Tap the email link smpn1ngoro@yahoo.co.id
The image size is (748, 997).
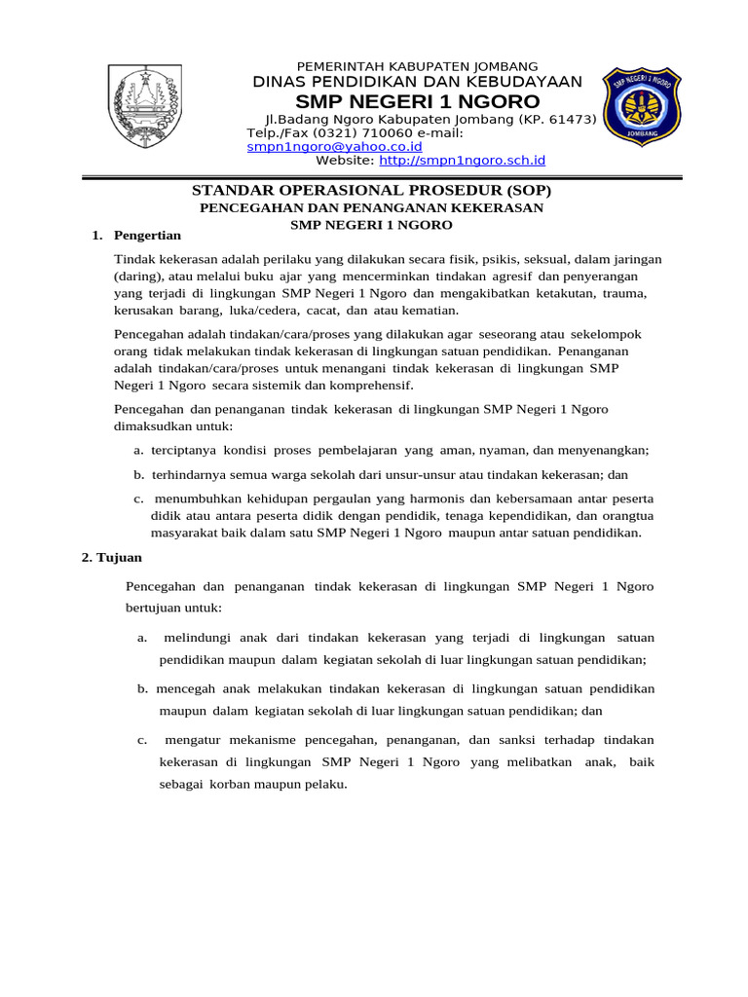[x=334, y=146]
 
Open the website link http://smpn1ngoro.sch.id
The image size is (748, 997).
[x=462, y=160]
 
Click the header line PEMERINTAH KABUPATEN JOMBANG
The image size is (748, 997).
[x=416, y=65]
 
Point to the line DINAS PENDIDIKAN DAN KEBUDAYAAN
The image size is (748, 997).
[x=417, y=82]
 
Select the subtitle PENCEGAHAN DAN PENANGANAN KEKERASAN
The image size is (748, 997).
[x=371, y=207]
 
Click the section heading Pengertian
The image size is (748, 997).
[x=147, y=235]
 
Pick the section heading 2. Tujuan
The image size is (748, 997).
[x=111, y=558]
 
